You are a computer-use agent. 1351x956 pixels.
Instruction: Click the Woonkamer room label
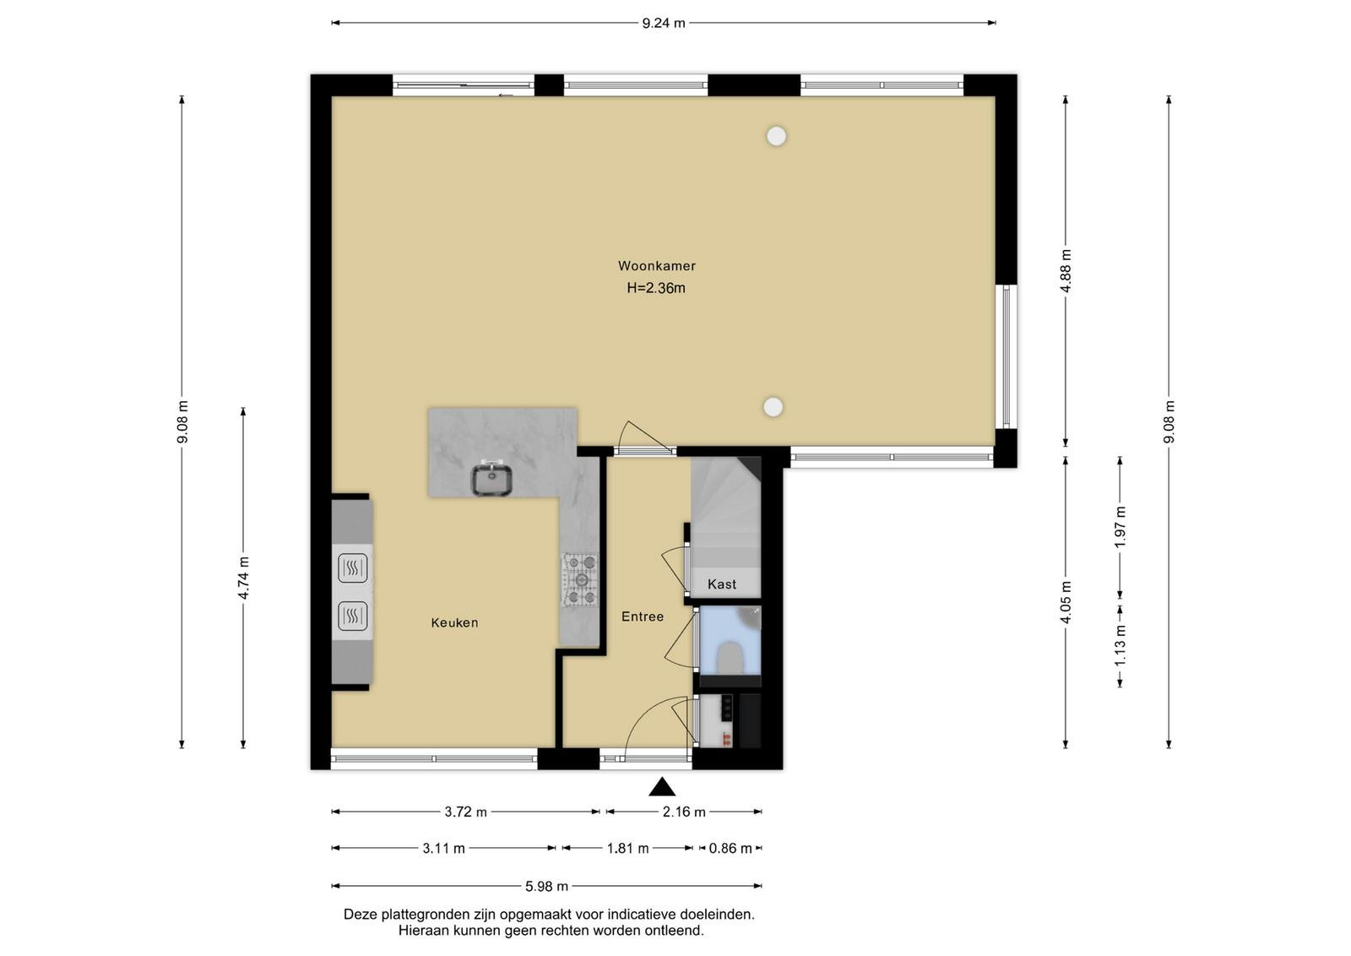tap(656, 266)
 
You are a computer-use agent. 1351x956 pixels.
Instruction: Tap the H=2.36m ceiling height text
tap(655, 288)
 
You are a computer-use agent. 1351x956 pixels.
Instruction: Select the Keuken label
tap(454, 622)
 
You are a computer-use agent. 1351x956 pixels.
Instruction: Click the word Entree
tap(643, 617)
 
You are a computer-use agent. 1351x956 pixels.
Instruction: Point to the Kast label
tap(721, 584)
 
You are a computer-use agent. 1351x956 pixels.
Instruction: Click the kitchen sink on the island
tap(491, 480)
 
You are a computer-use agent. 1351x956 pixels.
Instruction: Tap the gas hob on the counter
tap(580, 579)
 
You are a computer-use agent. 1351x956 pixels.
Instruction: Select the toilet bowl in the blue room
tap(730, 657)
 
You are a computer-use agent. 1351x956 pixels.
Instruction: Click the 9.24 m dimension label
tap(664, 24)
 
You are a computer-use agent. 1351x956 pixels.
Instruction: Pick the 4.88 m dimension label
tap(1066, 271)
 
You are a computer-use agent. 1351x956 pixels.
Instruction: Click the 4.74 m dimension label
tap(243, 578)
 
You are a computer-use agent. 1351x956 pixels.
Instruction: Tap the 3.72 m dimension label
tap(465, 812)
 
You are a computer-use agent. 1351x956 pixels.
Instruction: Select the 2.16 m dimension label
tap(684, 812)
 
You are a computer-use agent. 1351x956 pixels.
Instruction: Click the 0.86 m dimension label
tap(730, 849)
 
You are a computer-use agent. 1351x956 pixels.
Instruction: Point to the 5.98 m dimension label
tap(546, 886)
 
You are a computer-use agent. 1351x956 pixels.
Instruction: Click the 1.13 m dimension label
tap(1120, 646)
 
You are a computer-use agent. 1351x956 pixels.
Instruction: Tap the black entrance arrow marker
tap(662, 786)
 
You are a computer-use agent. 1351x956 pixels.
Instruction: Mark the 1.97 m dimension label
tap(1120, 527)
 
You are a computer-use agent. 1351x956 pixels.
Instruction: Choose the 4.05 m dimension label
tap(1066, 602)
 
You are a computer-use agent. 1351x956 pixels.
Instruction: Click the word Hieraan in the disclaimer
tap(421, 931)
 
